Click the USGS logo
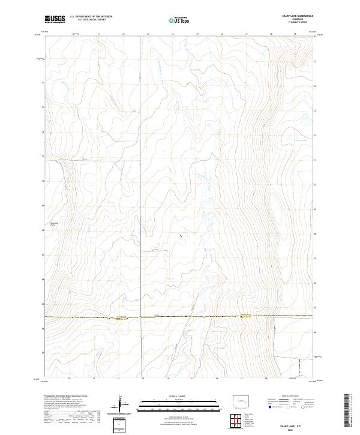pos(54,19)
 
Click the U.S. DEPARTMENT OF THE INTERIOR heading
pos(91,17)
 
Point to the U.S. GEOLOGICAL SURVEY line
pos(91,20)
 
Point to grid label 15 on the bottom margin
pos(192,379)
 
